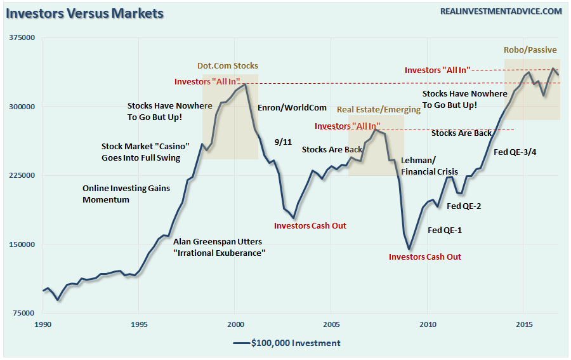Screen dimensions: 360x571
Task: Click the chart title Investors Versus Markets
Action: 84,13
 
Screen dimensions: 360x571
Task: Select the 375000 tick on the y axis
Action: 22,38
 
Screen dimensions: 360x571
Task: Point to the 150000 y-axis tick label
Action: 22,244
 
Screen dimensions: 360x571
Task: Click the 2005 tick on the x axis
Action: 331,324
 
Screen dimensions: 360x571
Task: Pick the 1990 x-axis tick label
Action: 43,324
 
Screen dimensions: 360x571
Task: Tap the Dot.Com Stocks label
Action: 228,65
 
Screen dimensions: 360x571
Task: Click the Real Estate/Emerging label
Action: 378,109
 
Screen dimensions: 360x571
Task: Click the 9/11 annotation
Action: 282,142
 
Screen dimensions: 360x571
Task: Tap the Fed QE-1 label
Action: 445,230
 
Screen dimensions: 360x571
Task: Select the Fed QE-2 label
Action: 464,206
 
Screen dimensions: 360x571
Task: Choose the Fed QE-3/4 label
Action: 515,152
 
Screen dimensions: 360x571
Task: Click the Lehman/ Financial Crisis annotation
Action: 429,166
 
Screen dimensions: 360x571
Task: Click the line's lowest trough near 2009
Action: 409,250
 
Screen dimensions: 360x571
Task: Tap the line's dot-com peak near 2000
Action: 245,84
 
